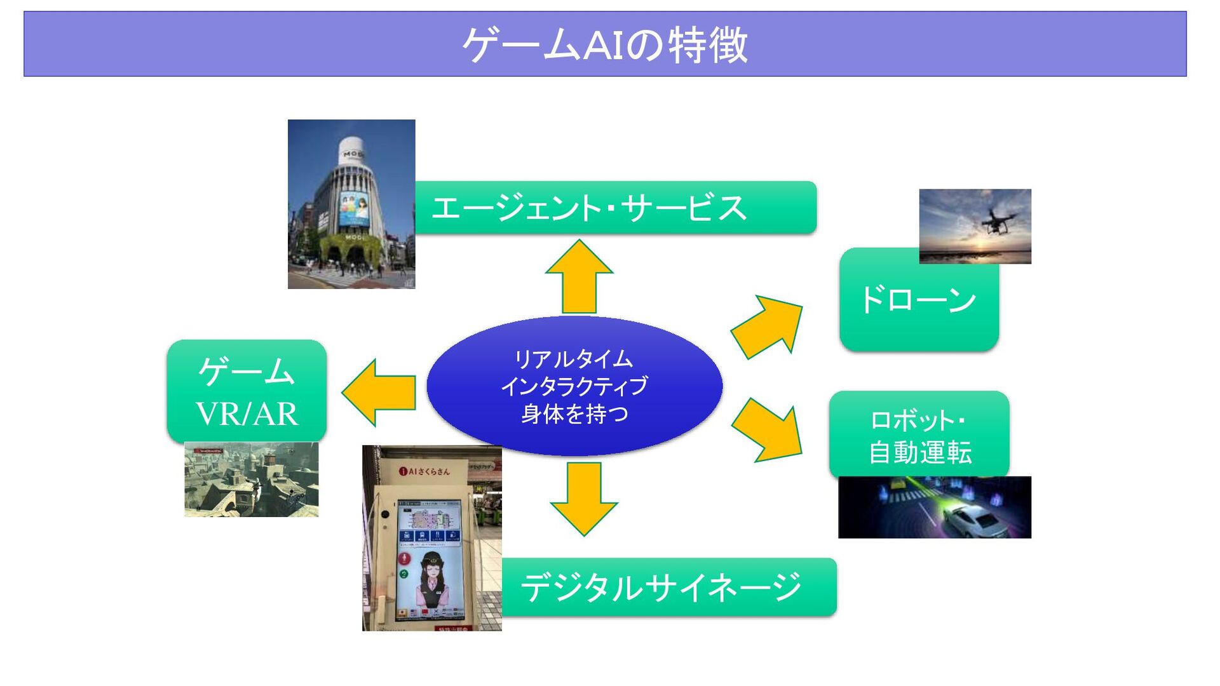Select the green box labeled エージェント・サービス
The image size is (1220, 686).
tap(615, 208)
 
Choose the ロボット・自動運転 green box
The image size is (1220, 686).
tap(919, 436)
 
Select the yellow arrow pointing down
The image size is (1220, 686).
tap(583, 498)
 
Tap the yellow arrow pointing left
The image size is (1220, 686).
tap(379, 392)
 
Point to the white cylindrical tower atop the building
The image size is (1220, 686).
tap(351, 151)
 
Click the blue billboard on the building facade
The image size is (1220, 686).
tap(354, 208)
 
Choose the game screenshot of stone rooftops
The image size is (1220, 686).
tap(251, 480)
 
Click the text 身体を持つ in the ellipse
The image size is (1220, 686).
tap(574, 414)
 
